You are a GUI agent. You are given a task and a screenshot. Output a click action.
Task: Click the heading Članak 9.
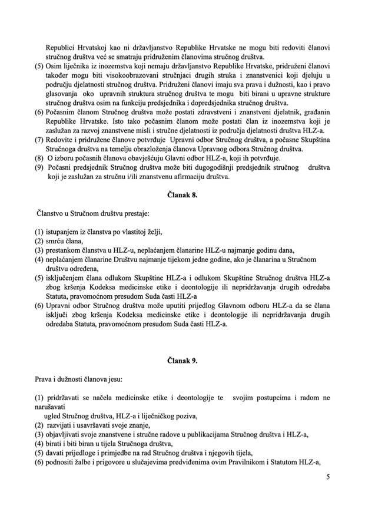(x=182, y=361)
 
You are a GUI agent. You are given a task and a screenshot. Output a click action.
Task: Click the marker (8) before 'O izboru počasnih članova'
(x=40, y=158)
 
